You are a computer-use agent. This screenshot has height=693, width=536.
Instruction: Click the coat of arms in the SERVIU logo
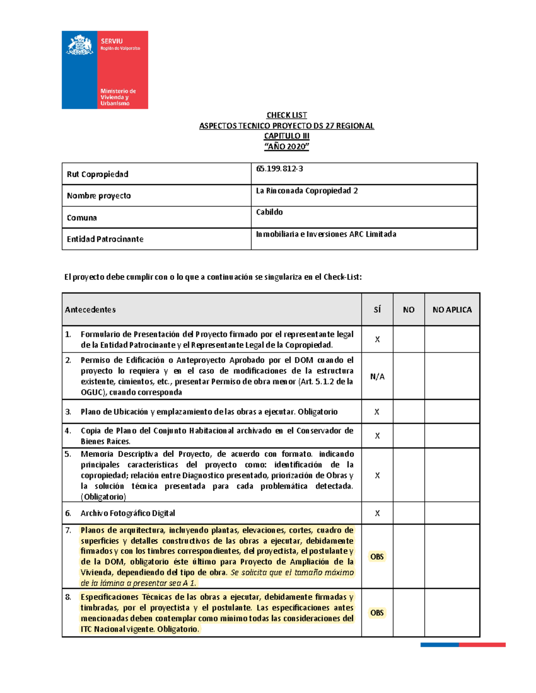coord(80,45)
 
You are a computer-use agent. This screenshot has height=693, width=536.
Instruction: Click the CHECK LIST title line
coord(286,115)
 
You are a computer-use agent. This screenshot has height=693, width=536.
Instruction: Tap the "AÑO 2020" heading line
coord(286,146)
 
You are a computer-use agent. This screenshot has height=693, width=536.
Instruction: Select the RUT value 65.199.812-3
coord(280,169)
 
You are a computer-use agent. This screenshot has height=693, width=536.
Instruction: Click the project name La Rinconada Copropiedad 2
coord(307,191)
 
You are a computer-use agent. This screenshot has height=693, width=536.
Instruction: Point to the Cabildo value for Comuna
coord(269,212)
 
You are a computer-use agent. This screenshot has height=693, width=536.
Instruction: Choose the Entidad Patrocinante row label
coord(105,239)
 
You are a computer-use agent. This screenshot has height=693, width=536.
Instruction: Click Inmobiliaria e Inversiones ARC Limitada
coord(326,234)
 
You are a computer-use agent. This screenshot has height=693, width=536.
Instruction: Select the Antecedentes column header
coord(90,310)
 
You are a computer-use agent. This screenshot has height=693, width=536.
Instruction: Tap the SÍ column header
coord(377,310)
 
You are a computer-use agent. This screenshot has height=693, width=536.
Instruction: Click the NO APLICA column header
coord(452,310)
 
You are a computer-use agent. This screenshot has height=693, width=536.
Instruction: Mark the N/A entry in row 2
coord(377,377)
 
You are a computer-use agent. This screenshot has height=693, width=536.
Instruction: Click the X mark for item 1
coord(377,340)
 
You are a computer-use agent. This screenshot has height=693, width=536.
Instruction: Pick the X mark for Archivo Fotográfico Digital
coord(377,514)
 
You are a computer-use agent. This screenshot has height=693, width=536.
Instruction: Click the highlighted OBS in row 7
coord(377,556)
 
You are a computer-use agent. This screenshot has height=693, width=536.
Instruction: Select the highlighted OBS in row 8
coord(377,613)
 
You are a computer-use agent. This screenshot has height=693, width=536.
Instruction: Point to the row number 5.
coord(68,454)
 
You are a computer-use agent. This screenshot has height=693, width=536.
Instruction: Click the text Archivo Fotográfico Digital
coord(128,513)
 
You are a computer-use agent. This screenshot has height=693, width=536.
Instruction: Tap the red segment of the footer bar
coord(482,645)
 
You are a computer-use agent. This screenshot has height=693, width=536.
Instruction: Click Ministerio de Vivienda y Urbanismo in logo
coord(117,97)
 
